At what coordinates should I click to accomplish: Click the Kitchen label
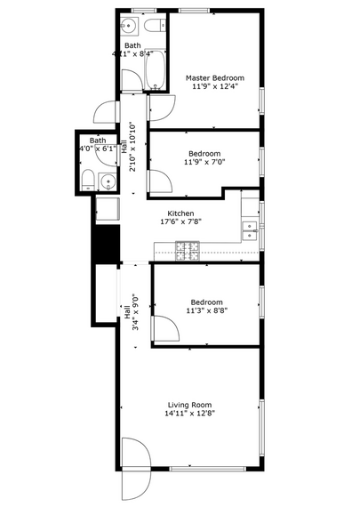point(181,214)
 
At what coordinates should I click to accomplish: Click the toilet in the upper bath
point(155,26)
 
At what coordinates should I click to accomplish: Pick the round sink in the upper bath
point(130,25)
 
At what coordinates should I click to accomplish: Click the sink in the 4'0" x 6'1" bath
point(108,182)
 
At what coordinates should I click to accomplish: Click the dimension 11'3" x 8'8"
point(205,311)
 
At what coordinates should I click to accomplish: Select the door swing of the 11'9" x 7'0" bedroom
point(159,181)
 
